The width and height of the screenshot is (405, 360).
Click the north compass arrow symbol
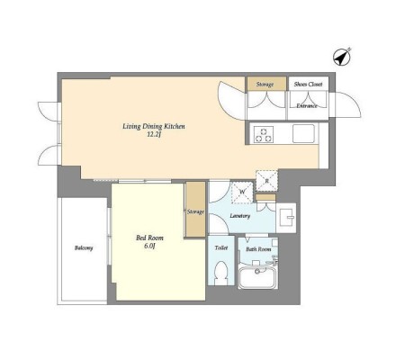coord(342,57)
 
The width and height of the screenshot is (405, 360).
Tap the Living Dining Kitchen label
coord(154,126)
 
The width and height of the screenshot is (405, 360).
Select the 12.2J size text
coord(154,135)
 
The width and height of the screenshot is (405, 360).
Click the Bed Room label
coord(149,238)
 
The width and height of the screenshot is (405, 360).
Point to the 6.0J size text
coord(149,247)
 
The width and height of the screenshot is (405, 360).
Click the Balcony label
coord(84,248)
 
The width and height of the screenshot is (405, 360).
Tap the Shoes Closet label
coord(308,85)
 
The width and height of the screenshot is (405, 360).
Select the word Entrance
coord(307,106)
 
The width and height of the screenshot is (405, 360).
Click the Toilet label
coord(221,247)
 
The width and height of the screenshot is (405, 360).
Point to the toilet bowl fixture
coord(221,273)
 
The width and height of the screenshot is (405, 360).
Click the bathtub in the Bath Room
coord(257,276)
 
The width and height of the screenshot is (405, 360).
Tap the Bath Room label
coord(258,249)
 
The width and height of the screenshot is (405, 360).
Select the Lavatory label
coord(240,216)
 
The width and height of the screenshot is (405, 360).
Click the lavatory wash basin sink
coord(286,217)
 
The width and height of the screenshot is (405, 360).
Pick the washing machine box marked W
coord(242,192)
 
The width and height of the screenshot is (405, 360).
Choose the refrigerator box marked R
coord(266,181)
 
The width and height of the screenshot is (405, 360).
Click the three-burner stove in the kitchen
coord(264,135)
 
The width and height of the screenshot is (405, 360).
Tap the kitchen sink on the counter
coord(303,134)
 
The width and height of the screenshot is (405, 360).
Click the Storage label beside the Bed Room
coord(195,211)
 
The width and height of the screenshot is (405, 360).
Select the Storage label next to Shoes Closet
coord(265,85)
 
